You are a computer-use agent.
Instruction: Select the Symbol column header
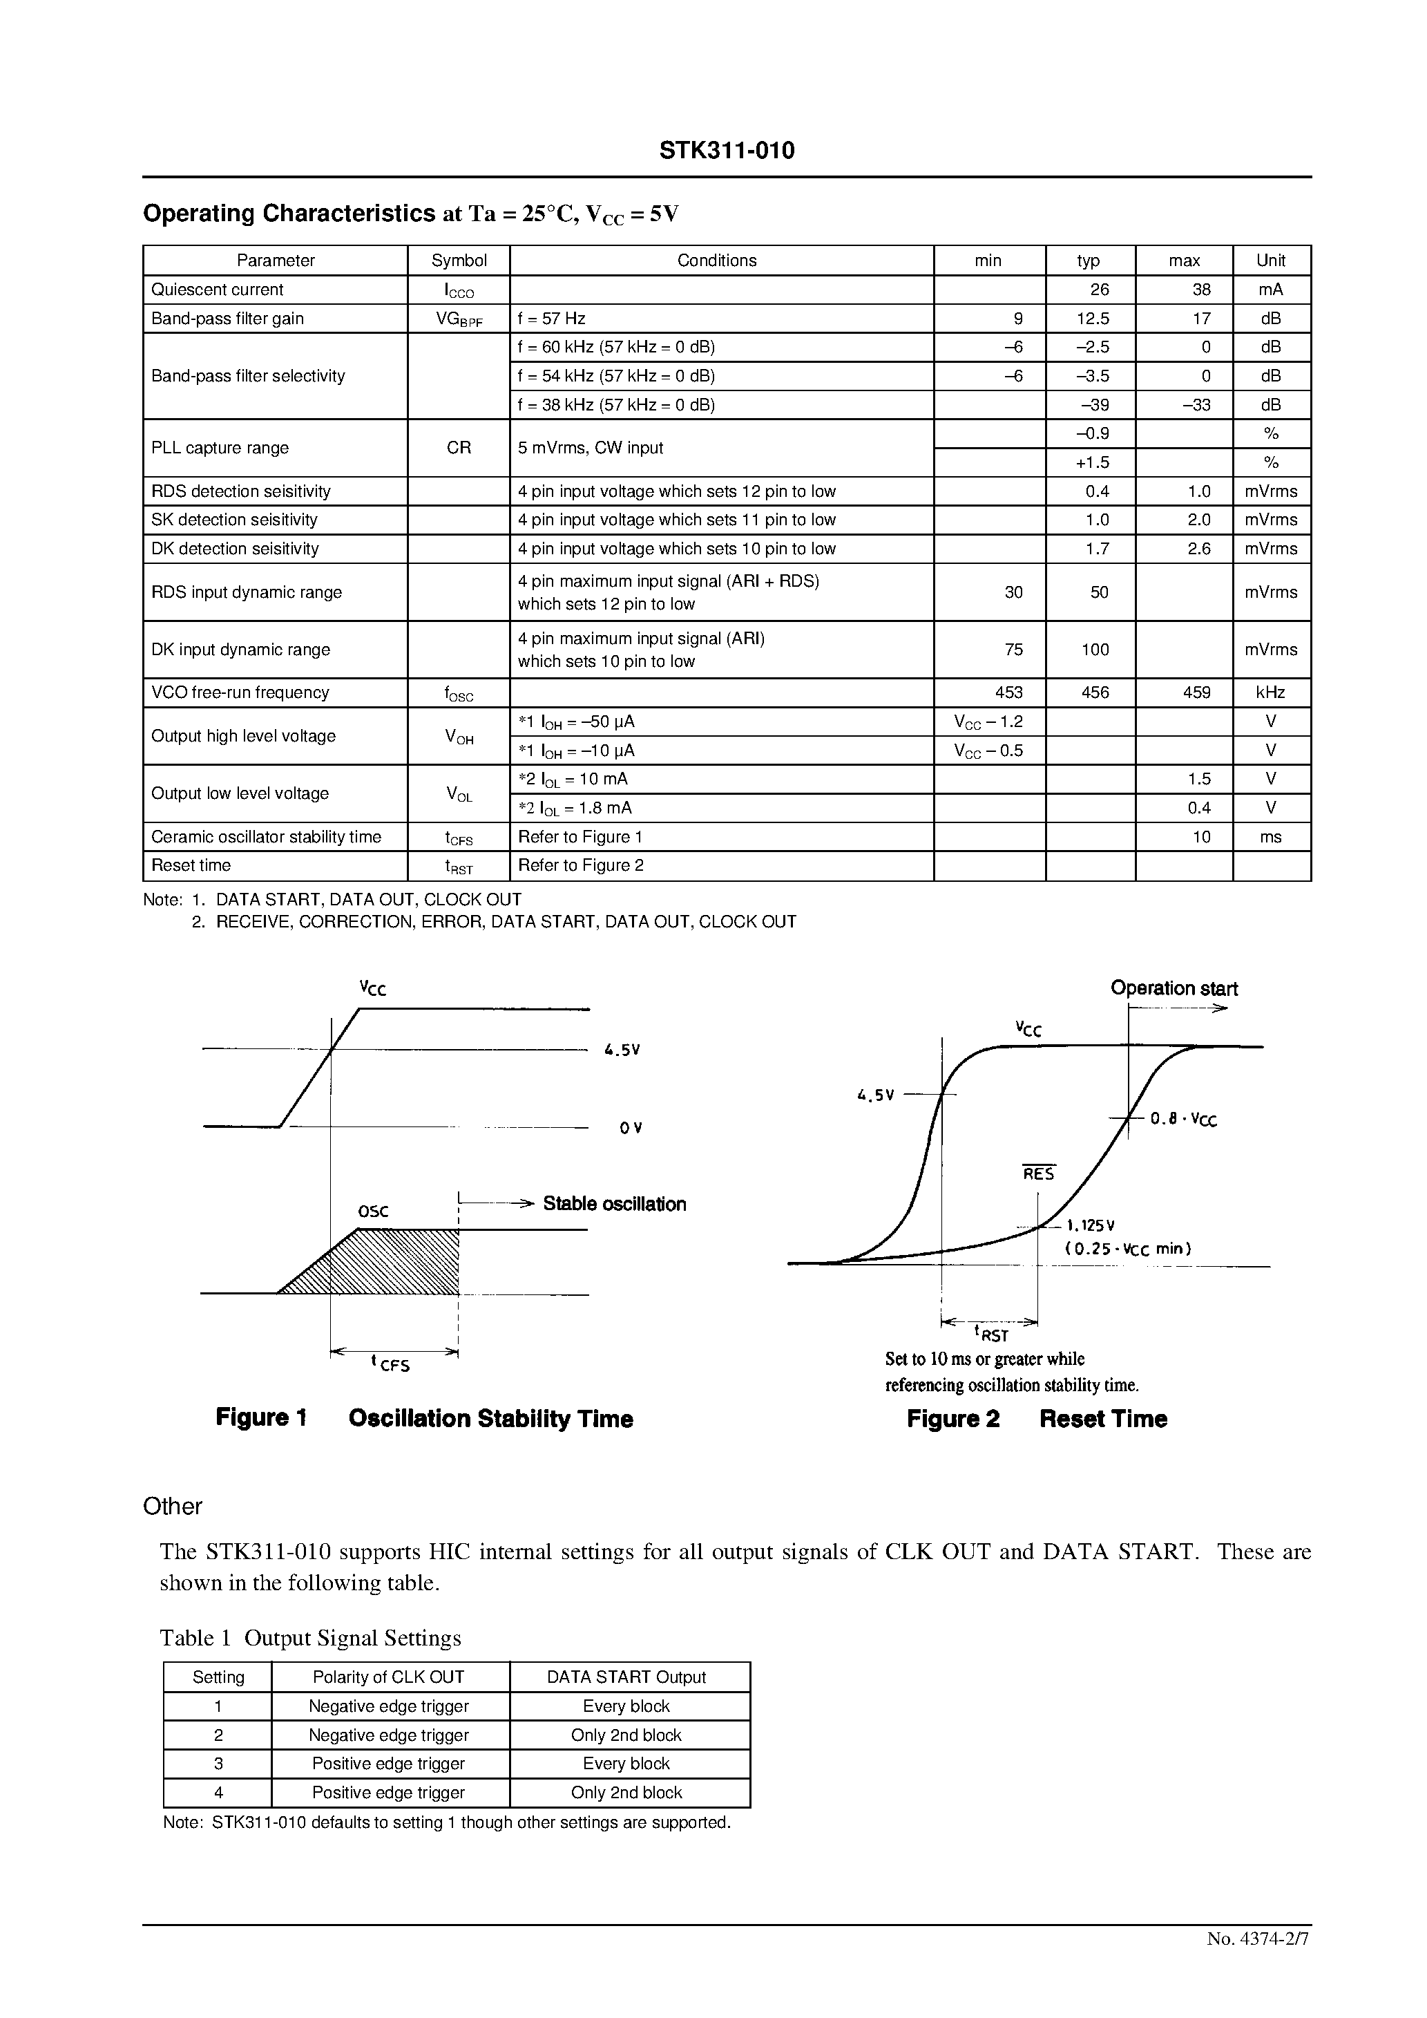(459, 260)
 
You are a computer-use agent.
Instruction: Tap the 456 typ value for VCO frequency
(1095, 692)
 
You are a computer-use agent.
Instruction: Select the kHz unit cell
(1271, 692)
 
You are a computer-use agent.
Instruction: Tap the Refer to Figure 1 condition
(580, 837)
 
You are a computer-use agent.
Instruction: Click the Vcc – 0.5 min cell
(988, 751)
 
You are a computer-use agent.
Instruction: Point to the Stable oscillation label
(614, 1204)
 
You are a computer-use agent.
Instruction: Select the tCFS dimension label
(390, 1364)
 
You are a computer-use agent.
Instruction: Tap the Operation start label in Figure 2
(1174, 988)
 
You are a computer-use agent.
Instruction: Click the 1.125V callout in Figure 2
(1091, 1225)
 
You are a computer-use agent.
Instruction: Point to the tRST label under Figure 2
(990, 1335)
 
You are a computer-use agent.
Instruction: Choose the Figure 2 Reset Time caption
(1037, 1419)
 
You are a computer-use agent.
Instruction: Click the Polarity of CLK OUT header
(388, 1677)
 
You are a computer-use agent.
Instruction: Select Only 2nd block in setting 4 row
(626, 1792)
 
